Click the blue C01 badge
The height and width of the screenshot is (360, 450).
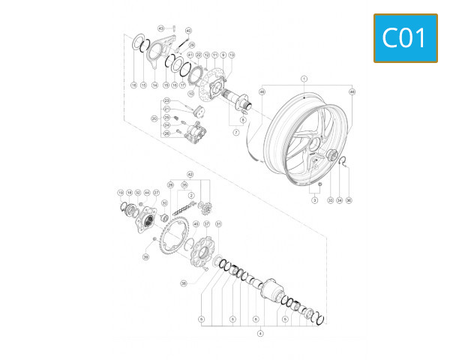click(x=405, y=37)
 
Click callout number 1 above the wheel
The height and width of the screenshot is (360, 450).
click(x=304, y=79)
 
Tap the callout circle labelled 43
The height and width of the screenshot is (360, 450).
click(x=160, y=28)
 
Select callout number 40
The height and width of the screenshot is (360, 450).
click(x=188, y=31)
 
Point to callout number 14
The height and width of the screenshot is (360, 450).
click(x=155, y=85)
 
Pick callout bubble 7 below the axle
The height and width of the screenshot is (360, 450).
click(x=235, y=132)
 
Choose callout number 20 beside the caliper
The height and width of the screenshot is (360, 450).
click(x=154, y=118)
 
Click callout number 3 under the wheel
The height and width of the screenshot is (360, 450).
click(x=316, y=201)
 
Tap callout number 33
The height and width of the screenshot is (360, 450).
click(x=330, y=201)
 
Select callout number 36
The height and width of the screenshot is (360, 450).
click(x=349, y=201)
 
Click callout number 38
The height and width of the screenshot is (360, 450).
click(x=183, y=283)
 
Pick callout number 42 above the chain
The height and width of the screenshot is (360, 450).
click(x=190, y=175)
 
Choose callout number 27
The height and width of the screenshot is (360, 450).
click(x=157, y=193)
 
